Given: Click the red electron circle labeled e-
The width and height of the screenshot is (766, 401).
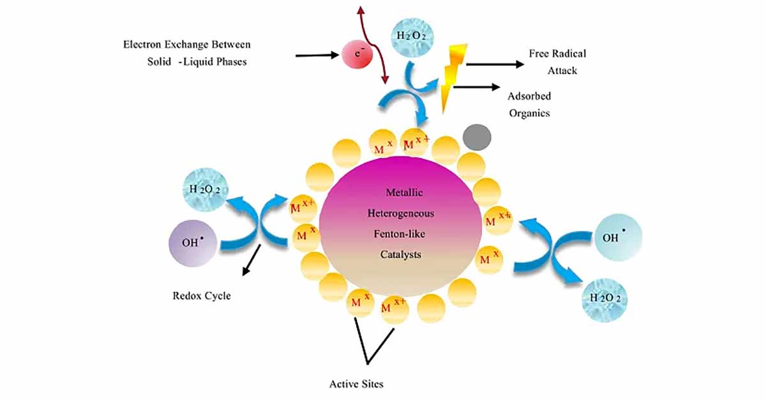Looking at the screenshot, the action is click(x=357, y=54).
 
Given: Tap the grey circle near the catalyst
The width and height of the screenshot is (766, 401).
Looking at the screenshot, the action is click(x=477, y=137).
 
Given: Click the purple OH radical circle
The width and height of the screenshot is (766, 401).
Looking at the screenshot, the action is click(x=193, y=243).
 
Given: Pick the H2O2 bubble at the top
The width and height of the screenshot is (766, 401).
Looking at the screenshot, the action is click(x=412, y=38).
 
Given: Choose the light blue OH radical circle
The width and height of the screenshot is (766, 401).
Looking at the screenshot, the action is click(x=618, y=238).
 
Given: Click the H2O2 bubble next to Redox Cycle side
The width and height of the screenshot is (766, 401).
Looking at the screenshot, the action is click(x=206, y=189).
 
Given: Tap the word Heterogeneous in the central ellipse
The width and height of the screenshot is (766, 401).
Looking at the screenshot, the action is click(x=401, y=213).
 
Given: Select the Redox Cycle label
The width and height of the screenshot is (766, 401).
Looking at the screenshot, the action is click(x=202, y=296).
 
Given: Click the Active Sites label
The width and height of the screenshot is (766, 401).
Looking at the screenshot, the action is click(x=356, y=384).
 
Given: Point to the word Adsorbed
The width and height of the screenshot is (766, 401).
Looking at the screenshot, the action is click(x=529, y=96).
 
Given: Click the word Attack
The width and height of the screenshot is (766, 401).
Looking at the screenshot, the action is click(x=562, y=70).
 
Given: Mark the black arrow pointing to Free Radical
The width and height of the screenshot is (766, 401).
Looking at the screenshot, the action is click(x=495, y=64).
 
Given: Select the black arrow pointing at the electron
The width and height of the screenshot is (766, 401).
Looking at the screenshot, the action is click(x=317, y=55).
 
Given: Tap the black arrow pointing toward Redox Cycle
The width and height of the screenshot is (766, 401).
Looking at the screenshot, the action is click(x=252, y=260).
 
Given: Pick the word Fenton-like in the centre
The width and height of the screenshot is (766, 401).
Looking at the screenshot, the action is click(x=400, y=234).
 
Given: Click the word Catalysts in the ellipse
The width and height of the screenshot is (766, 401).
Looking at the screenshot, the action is click(x=400, y=255).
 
